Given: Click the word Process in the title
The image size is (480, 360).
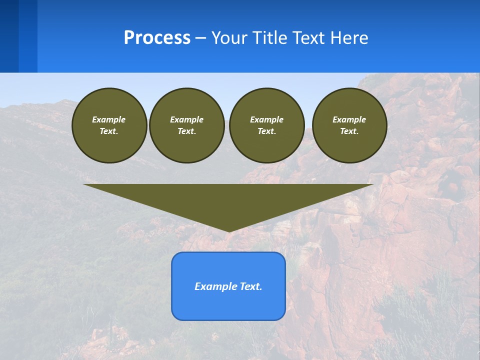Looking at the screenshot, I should click(x=157, y=38).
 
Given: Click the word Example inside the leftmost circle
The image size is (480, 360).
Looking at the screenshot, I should click(x=109, y=119).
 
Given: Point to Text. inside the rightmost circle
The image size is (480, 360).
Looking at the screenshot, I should click(x=349, y=131).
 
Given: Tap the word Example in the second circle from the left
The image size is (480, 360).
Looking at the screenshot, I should click(x=186, y=119).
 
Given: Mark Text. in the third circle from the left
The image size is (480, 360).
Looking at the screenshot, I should click(x=266, y=131).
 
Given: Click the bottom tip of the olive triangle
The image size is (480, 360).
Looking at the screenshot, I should click(x=228, y=231).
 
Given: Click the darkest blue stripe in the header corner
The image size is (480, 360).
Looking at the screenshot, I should click(x=9, y=36).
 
